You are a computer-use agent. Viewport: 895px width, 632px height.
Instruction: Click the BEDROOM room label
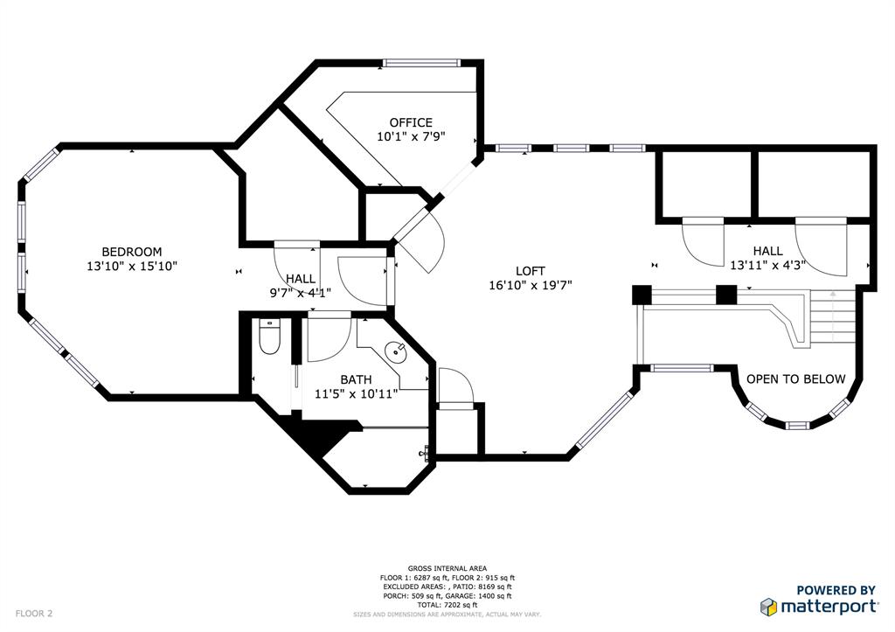pos(131,252)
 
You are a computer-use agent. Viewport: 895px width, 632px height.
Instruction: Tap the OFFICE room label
pos(410,122)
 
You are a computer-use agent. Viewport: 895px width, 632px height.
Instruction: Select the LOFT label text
pos(530,271)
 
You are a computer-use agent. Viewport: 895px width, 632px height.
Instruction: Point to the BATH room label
pos(356,379)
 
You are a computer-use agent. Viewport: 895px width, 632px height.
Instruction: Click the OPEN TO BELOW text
pos(795,379)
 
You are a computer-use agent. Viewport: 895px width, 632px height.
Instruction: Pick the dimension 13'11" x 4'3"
pos(768,265)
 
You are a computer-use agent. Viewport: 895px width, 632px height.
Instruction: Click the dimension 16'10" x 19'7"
pos(531,285)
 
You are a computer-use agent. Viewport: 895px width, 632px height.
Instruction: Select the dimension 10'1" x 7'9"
pos(410,136)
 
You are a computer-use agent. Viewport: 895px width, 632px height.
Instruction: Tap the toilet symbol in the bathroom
pos(269,338)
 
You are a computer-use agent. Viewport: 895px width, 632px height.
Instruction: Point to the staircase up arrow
pos(833,315)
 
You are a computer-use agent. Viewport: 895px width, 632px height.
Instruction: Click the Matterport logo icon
pos(769,606)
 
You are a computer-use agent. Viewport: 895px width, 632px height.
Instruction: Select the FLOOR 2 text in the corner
pos(34,614)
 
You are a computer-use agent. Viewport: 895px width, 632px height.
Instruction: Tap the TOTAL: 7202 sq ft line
pos(447,605)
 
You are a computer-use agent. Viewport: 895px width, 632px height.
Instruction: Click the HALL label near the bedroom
pos(300,278)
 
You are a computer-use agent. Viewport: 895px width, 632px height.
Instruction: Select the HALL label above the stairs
pos(768,251)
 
